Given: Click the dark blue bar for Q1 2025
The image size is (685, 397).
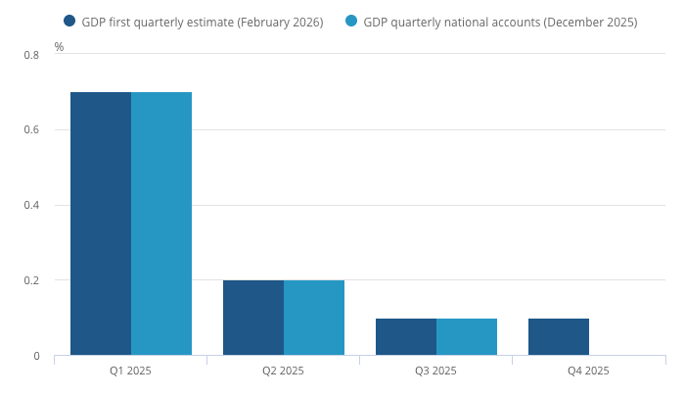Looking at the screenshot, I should point(101,223).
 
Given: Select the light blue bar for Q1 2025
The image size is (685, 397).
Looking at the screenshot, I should point(161,223).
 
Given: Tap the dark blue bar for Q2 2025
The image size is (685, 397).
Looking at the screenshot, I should point(253,318).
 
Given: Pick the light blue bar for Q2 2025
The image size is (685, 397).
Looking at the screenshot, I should point(314,318).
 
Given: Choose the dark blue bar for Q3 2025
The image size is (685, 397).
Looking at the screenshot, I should point(406,337).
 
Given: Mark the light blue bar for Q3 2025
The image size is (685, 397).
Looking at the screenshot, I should point(467,337).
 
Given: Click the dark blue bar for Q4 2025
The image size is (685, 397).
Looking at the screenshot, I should point(559,337).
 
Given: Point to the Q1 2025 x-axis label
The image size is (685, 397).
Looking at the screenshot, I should point(130,371).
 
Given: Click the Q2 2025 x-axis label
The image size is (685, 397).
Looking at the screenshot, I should point(283,371).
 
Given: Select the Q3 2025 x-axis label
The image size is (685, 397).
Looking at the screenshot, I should point(435,371).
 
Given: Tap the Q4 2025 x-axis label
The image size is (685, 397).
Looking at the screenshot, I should point(588,371).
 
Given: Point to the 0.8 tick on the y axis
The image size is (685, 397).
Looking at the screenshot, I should point(31,55).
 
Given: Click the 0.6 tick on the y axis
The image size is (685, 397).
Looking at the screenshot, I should point(31,130).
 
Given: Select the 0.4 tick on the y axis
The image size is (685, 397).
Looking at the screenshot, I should point(31,206).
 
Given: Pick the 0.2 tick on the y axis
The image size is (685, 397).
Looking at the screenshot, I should point(31,281).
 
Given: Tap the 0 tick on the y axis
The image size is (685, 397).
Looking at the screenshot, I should point(36,356).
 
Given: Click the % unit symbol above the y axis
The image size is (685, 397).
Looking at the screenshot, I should point(59,47).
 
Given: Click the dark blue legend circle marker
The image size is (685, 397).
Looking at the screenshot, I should point(69,21).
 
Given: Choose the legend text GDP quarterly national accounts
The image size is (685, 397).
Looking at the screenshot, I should point(500,22).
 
